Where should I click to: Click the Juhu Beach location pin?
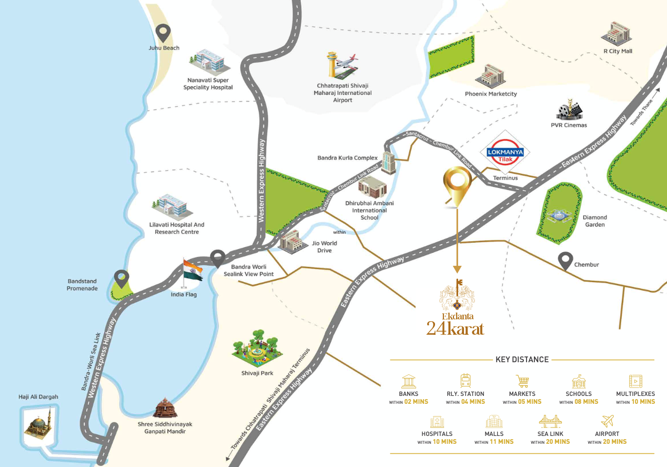click(x=165, y=33)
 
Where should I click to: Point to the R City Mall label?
click(x=618, y=51)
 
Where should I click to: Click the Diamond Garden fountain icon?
click(x=558, y=217)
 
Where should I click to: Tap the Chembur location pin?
click(x=565, y=261)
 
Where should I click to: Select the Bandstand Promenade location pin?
click(x=122, y=279)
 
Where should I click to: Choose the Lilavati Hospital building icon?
click(x=169, y=206)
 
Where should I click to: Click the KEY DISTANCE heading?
click(x=522, y=360)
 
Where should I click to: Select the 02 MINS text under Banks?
click(x=416, y=402)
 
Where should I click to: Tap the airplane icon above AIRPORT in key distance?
click(x=607, y=421)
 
